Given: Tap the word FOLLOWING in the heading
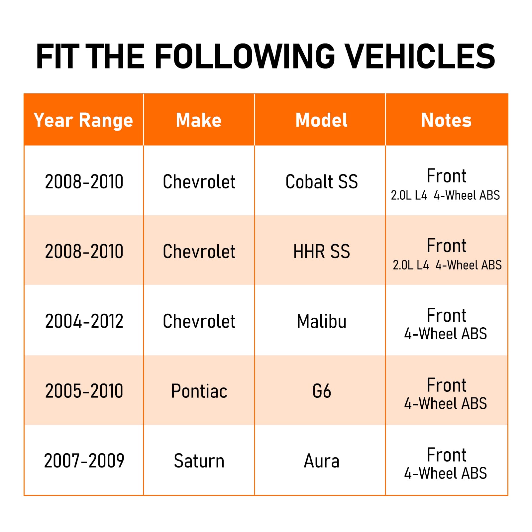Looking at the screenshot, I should [245, 56].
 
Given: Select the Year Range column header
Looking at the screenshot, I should [83, 120].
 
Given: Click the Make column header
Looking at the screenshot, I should [199, 120].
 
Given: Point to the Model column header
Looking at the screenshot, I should [321, 120].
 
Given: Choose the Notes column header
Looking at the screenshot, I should [446, 120].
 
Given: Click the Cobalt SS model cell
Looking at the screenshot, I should [321, 182].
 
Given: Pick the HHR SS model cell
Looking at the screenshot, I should [321, 252].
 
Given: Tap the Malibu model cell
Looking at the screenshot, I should [321, 321].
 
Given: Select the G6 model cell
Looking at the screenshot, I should [321, 391].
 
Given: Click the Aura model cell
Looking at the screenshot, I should [321, 461].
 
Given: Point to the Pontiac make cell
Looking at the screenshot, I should [199, 391].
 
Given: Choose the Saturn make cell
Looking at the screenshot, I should [199, 461].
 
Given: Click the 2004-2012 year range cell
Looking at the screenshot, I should [84, 321].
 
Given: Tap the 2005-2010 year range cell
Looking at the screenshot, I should [84, 391].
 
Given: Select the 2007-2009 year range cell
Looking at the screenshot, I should [84, 461].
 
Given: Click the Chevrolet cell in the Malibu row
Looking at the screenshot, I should [199, 321].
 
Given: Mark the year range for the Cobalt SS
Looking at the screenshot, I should [84, 182].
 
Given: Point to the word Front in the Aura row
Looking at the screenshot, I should [446, 455].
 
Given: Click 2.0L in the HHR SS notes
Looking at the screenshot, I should [403, 265].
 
